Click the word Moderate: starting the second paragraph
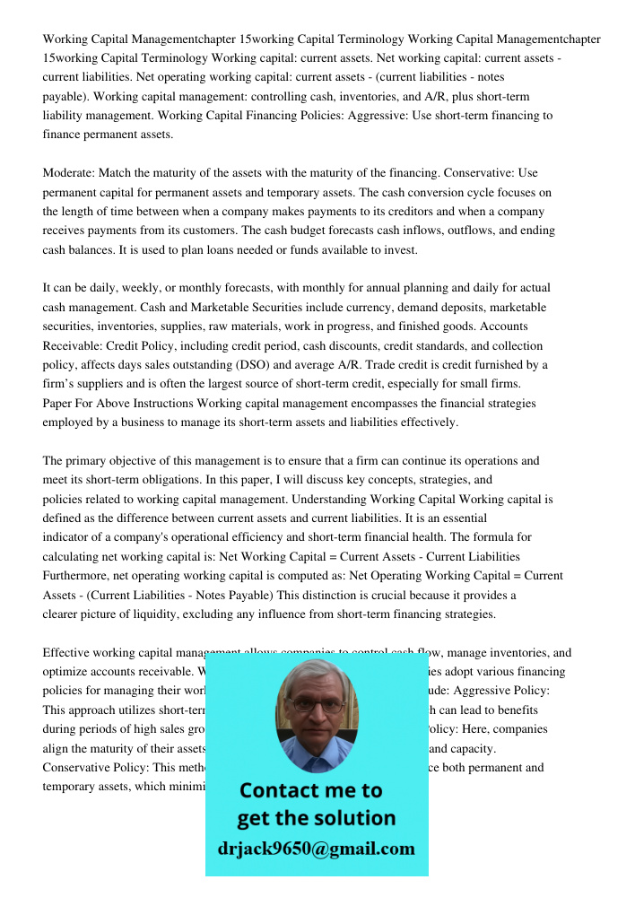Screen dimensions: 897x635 (69, 173)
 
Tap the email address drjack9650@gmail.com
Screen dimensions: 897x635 (317, 849)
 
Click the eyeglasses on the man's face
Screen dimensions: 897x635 (316, 706)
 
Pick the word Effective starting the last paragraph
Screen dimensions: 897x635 (70, 653)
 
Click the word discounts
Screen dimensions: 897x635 (329, 346)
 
